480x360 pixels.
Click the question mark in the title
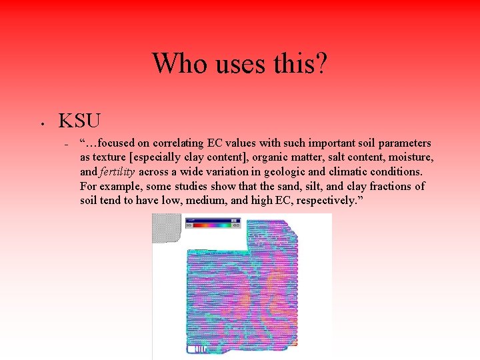pos(321,63)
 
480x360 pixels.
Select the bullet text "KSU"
pos(79,121)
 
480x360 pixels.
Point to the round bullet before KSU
pos(41,123)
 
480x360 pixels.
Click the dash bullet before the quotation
pos(66,144)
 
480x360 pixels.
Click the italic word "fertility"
pos(117,172)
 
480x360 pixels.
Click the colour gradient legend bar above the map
pos(212,225)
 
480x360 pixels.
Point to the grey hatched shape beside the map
pos(167,228)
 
